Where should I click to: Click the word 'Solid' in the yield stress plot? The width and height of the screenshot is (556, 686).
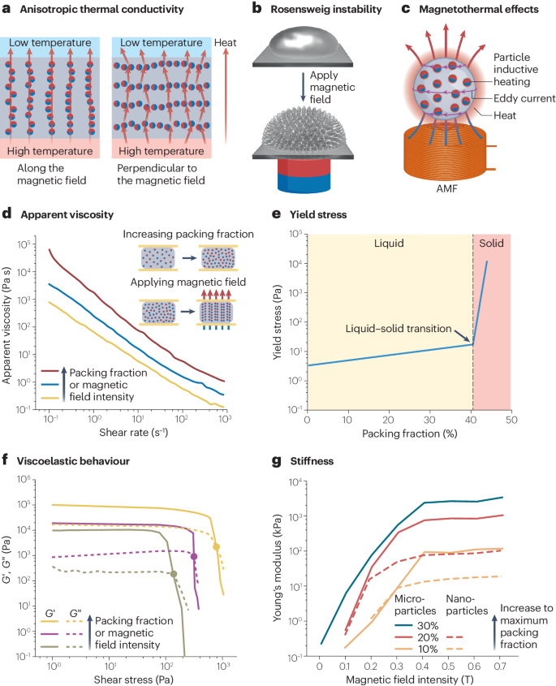(x=491, y=243)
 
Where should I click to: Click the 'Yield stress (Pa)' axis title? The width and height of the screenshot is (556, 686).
(x=278, y=321)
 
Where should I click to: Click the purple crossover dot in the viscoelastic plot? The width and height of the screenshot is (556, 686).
(x=194, y=556)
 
